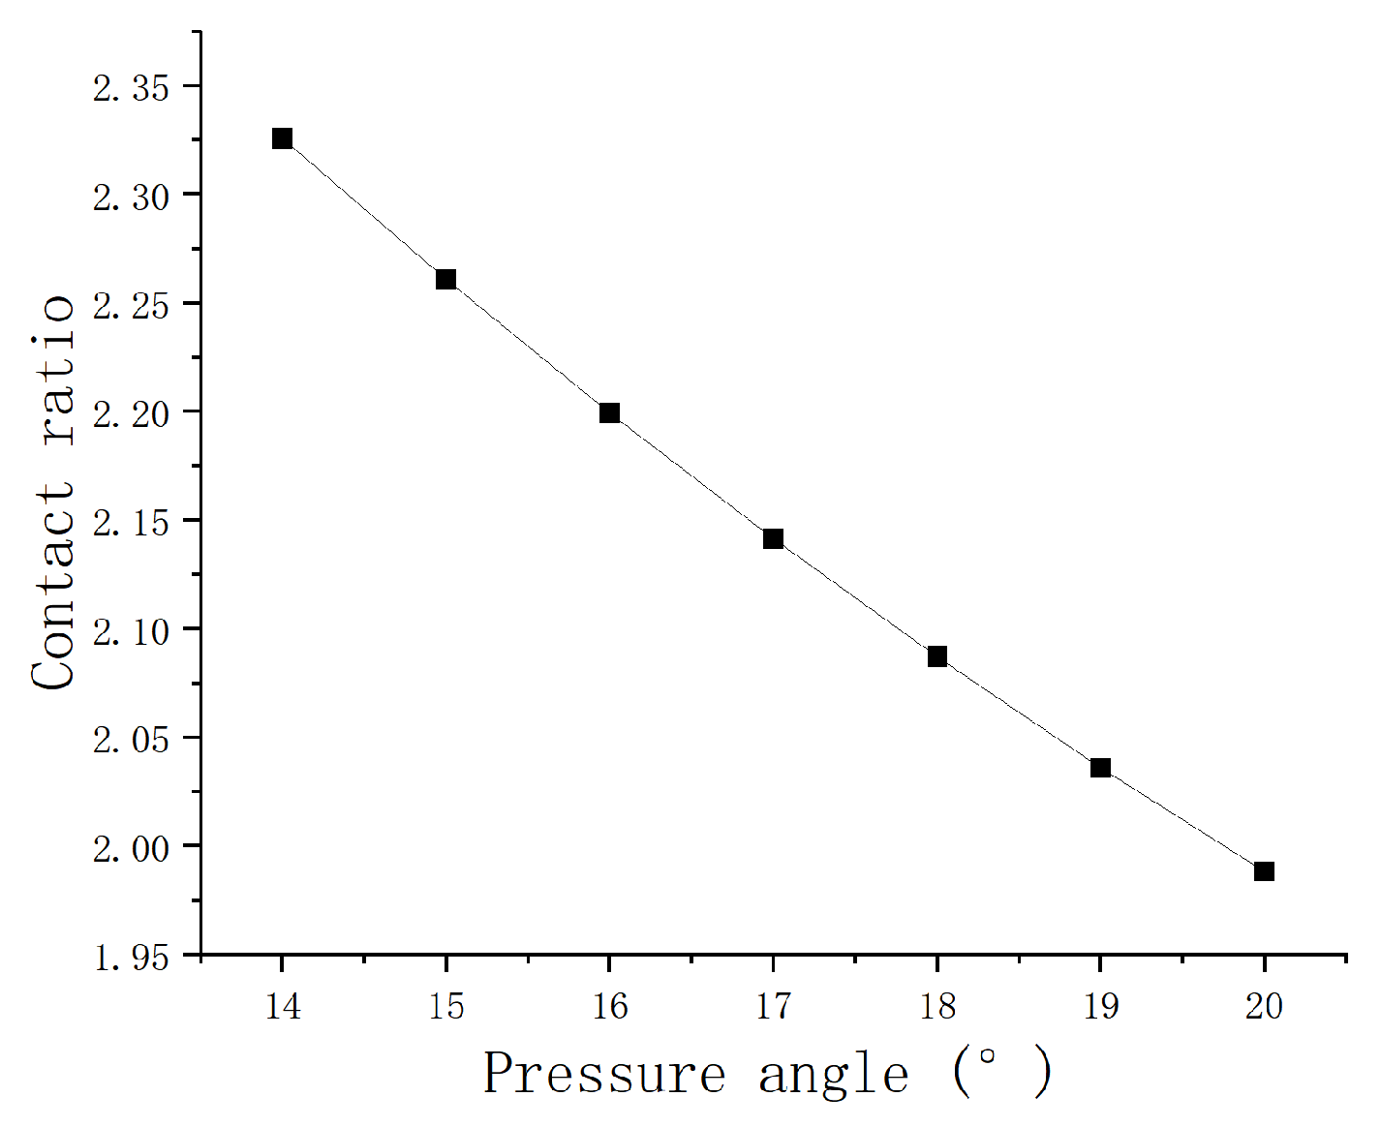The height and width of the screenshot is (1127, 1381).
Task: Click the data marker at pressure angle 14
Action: [x=282, y=138]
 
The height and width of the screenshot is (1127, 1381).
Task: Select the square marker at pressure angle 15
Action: [x=445, y=280]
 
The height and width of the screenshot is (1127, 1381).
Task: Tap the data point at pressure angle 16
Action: [x=609, y=413]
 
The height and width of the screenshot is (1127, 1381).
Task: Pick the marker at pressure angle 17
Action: [x=773, y=538]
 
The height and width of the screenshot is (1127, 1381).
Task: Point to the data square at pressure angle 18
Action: [x=937, y=656]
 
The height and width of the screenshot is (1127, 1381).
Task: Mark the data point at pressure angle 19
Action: [x=1100, y=768]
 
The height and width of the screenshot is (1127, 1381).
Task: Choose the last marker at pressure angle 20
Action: [x=1264, y=871]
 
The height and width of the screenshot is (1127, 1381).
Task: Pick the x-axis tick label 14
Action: [x=282, y=1007]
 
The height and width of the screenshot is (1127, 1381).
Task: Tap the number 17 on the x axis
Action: [x=773, y=1007]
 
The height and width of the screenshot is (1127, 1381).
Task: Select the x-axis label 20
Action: [x=1264, y=1007]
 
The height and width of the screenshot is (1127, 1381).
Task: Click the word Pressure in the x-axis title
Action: [x=604, y=1074]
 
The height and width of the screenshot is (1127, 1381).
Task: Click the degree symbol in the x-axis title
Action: [x=987, y=1057]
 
